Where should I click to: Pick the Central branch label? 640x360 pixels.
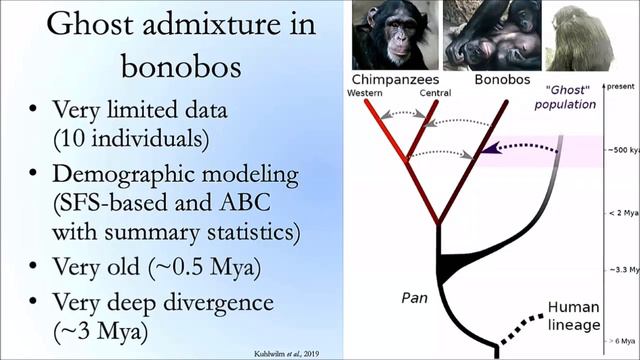(435, 94)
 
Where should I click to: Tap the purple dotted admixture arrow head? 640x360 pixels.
(489, 151)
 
